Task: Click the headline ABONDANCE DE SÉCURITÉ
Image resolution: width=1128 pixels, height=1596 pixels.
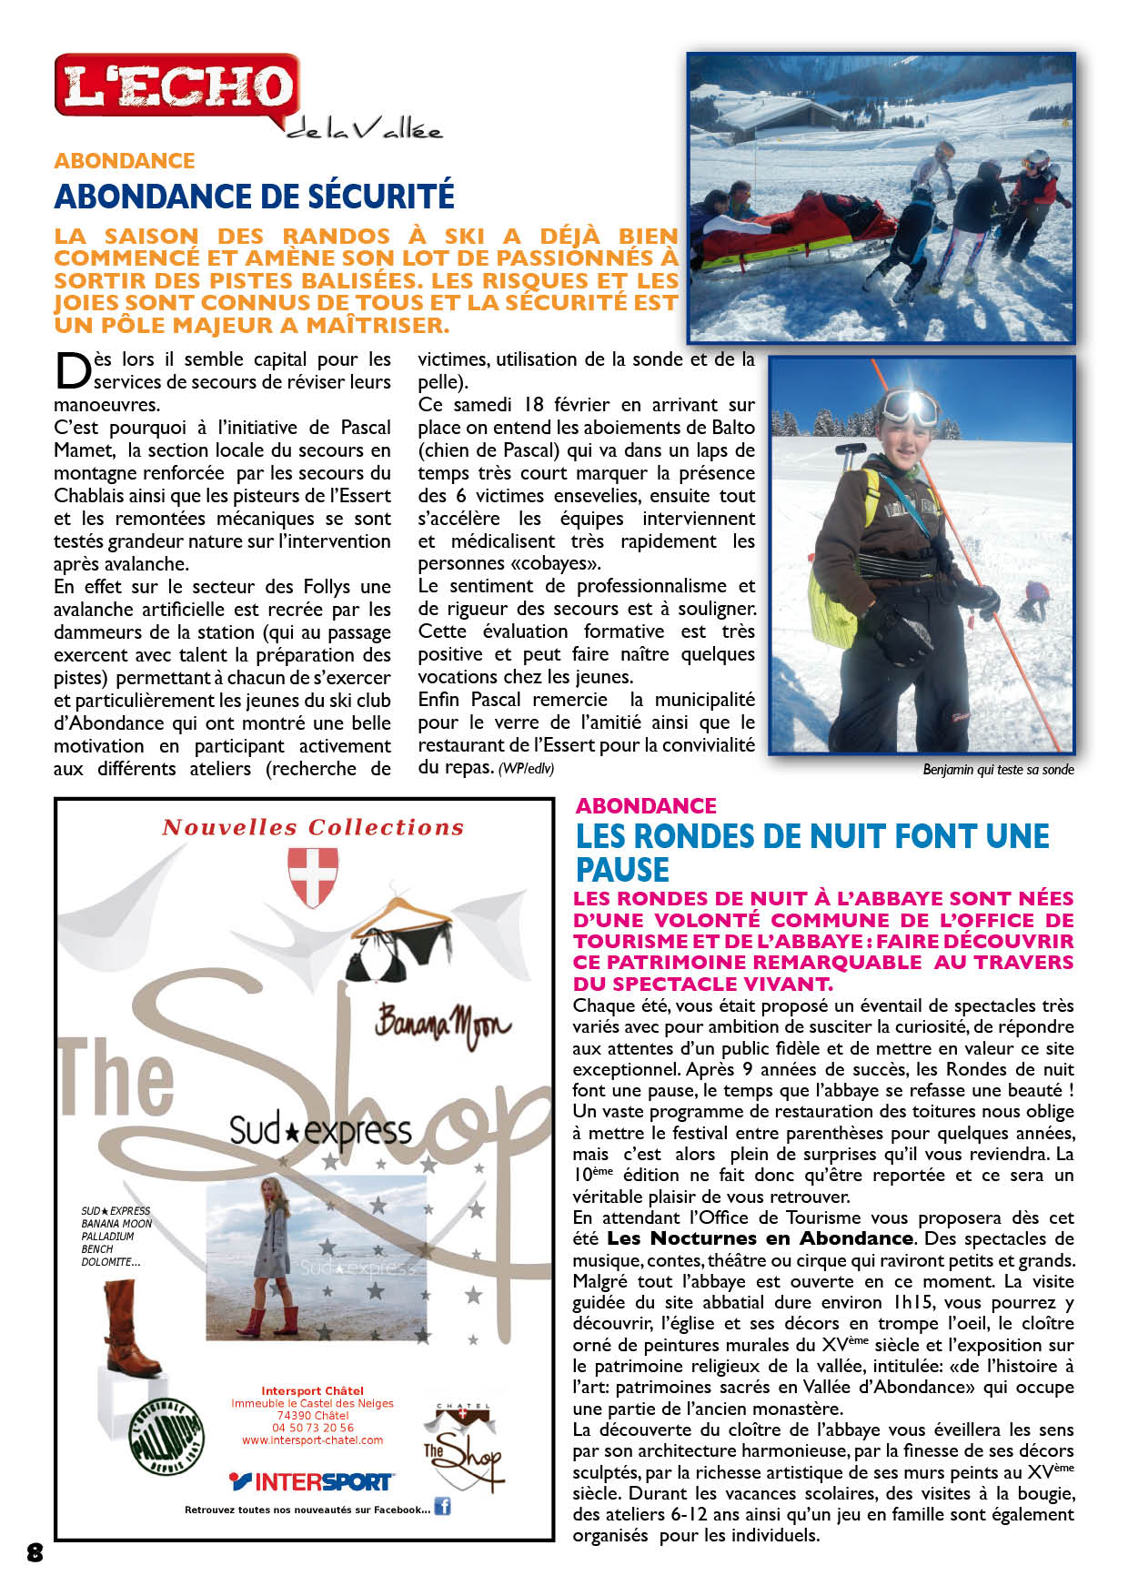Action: pos(254,197)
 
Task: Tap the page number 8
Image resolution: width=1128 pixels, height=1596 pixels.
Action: pos(35,1552)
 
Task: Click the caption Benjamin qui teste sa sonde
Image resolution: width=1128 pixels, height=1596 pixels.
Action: pos(998,770)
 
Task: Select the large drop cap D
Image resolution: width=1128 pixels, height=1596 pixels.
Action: pos(73,370)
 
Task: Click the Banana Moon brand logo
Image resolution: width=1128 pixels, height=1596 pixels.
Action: pos(442,1024)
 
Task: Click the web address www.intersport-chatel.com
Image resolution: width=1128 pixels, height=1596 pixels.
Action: pos(312,1440)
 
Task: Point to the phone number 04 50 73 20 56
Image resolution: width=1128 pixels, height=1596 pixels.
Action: pos(312,1428)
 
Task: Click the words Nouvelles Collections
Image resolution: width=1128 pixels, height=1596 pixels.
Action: pos(313,827)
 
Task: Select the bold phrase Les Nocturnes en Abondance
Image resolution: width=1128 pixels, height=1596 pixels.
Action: pos(760,1238)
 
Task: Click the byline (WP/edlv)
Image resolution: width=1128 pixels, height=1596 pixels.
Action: pos(526,769)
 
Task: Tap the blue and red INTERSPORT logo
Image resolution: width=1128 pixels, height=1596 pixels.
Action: pos(311,1482)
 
